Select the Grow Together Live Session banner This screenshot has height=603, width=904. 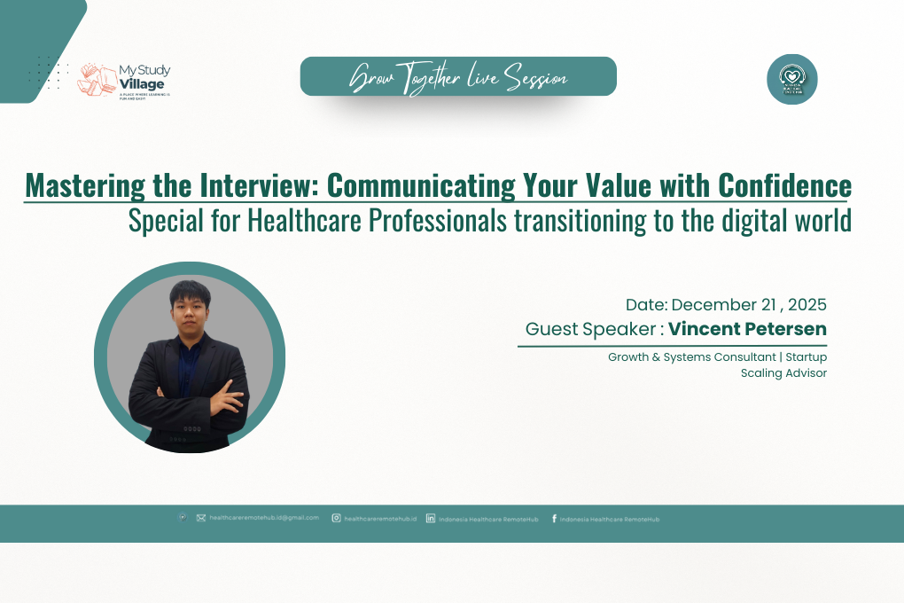tap(458, 77)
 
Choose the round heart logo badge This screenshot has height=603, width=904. tap(791, 79)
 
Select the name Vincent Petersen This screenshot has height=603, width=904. tap(747, 329)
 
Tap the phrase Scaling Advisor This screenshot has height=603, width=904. tap(783, 373)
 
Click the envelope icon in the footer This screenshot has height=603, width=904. tap(201, 518)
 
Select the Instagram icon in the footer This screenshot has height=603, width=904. tap(337, 518)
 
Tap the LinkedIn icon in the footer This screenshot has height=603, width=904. tap(431, 518)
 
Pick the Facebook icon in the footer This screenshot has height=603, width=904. tap(554, 518)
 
